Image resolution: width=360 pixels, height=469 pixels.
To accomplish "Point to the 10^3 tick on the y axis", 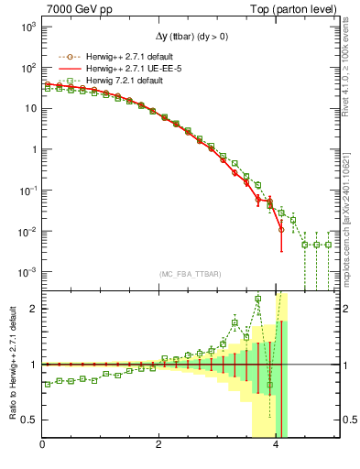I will tap(27, 27).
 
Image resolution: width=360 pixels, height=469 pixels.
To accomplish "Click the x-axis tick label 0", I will tap(42, 445).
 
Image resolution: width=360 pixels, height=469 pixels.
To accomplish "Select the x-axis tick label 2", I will tap(159, 445).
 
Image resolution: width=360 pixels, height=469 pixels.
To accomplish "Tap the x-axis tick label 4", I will tap(277, 445).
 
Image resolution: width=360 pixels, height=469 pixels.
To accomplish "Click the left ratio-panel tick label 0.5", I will tap(30, 420).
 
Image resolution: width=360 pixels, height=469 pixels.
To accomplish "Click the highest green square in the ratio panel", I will tap(258, 299).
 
